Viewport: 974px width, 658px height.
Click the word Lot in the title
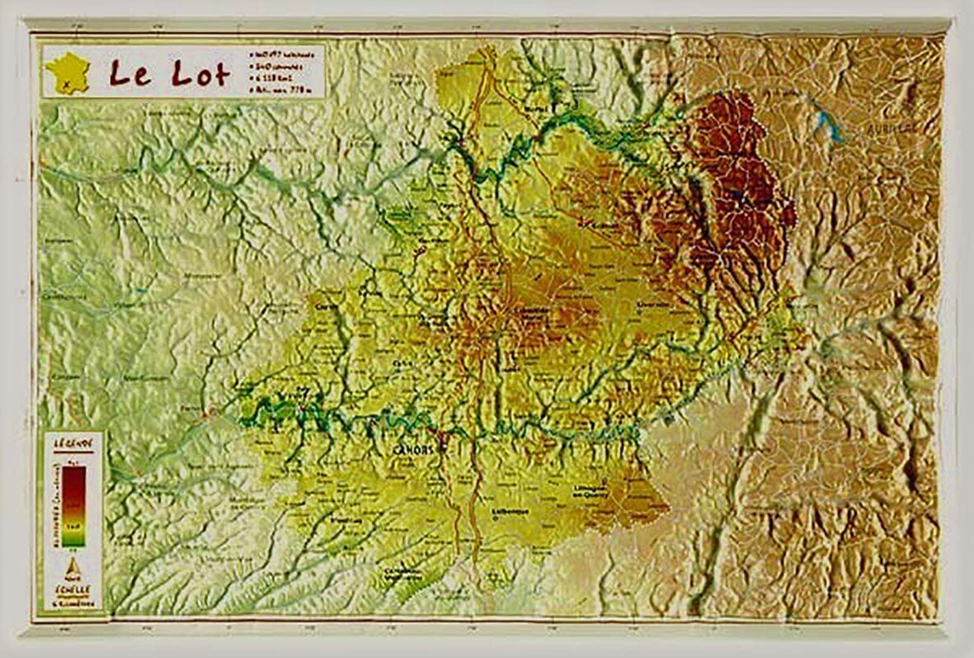pos(200,73)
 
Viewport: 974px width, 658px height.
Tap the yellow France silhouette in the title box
pos(68,72)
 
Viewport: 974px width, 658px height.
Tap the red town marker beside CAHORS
pos(440,438)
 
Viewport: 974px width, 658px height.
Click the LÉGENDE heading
pos(73,443)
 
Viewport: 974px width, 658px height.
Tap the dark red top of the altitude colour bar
pos(73,475)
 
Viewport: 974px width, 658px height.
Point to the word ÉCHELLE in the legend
pos(73,589)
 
